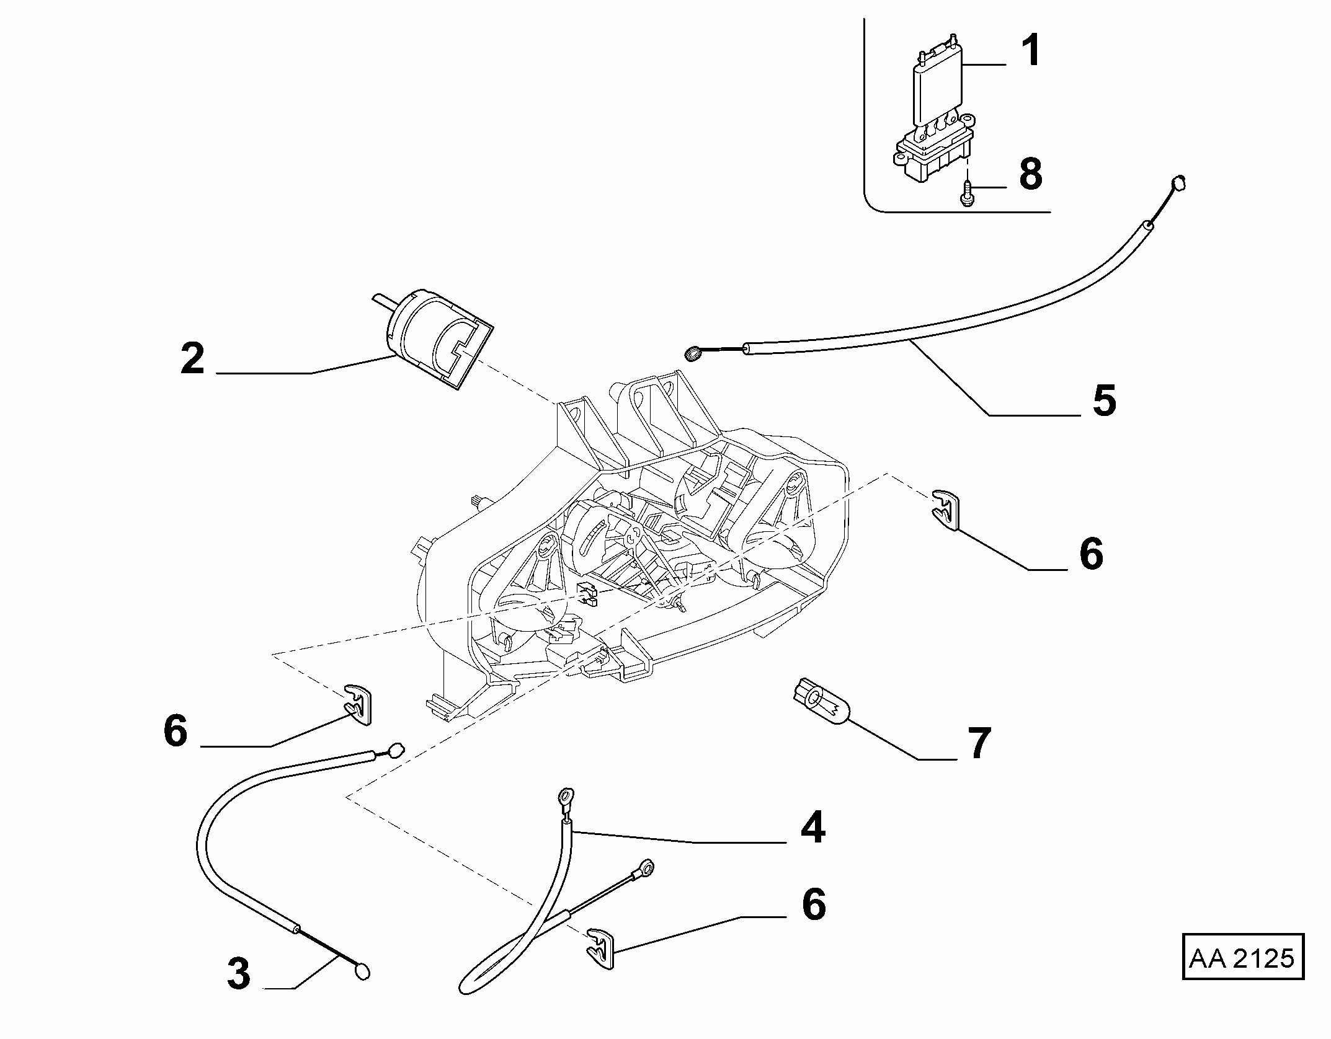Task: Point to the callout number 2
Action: (193, 358)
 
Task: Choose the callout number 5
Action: (1105, 400)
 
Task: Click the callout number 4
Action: (813, 827)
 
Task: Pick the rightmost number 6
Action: (1092, 554)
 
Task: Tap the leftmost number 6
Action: (176, 730)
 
